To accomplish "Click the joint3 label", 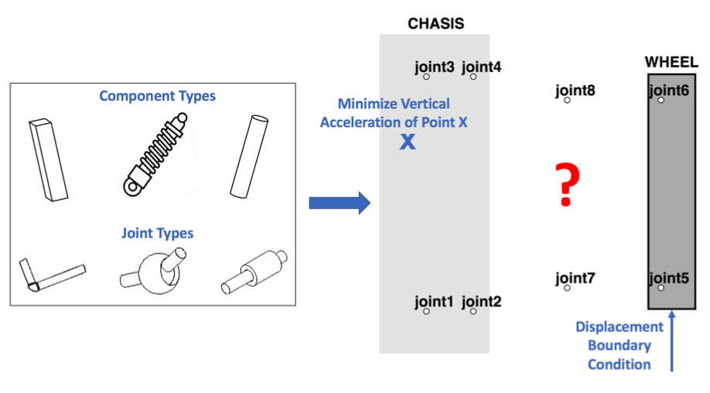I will (x=434, y=67).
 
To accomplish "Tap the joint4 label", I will (x=481, y=67).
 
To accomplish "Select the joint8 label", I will (x=575, y=91).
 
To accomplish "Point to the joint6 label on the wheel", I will (x=669, y=91).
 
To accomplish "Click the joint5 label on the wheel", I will (x=669, y=279).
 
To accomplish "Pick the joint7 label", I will (x=575, y=279).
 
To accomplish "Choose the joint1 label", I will (x=434, y=302).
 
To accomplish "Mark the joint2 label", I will (x=481, y=302).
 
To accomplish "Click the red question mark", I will (x=567, y=185).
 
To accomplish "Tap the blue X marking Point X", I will (x=407, y=142).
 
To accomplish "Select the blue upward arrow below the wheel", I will (x=671, y=340).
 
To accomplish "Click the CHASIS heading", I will (x=435, y=23).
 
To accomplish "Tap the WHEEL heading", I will (x=671, y=62).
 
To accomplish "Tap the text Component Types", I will (x=157, y=97).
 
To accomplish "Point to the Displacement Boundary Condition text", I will (x=620, y=346).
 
